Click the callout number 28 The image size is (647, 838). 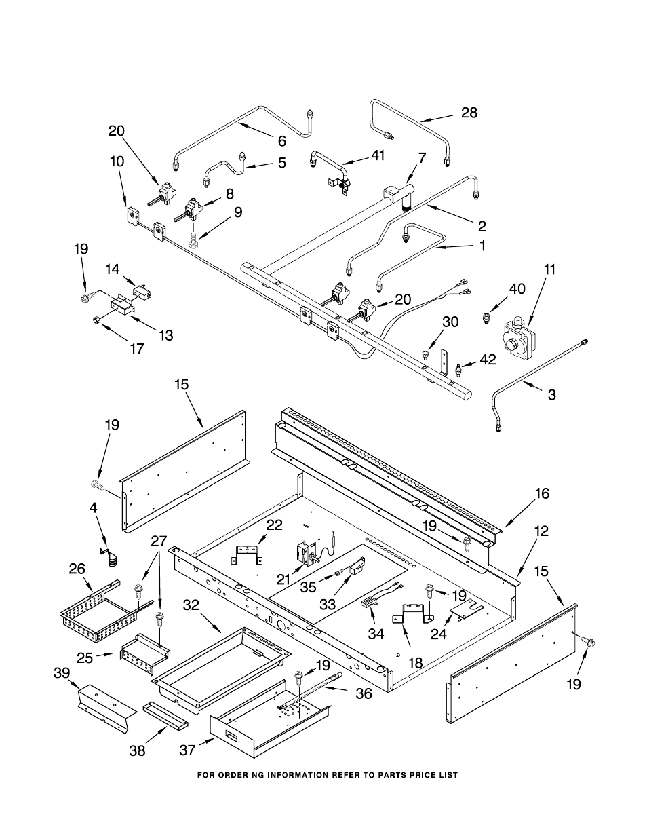[x=469, y=113]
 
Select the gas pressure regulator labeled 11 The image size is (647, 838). [x=519, y=335]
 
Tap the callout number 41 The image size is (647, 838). [x=377, y=155]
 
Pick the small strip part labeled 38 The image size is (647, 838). [x=163, y=716]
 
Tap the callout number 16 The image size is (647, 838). [x=542, y=493]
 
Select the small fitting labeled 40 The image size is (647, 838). [x=487, y=317]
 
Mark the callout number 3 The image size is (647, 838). [x=551, y=394]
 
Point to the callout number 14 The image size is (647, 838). [x=112, y=269]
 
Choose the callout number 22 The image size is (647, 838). [x=255, y=525]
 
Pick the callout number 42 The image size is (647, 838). [x=488, y=360]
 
